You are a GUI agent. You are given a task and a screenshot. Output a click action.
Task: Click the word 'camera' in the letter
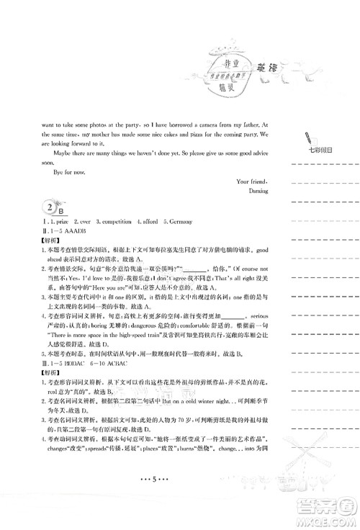[x=181, y=124]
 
